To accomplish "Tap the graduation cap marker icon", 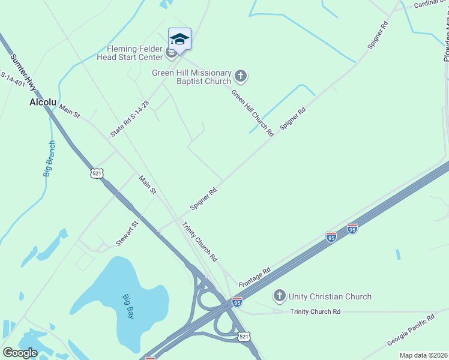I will (179, 39).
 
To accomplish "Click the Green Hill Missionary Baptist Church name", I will (191, 77).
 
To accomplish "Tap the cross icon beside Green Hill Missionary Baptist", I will (241, 76).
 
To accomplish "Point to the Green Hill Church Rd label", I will (252, 112).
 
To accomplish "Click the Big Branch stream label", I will (49, 158).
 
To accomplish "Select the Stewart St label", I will (127, 233).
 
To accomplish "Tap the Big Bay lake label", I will (128, 305).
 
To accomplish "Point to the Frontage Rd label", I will (255, 277).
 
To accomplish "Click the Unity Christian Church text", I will (330, 296).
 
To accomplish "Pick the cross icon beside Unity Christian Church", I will (279, 295).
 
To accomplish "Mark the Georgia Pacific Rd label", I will (411, 329).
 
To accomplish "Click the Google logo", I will (20, 353).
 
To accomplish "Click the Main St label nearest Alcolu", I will (69, 110).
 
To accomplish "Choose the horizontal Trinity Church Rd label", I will (315, 311).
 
